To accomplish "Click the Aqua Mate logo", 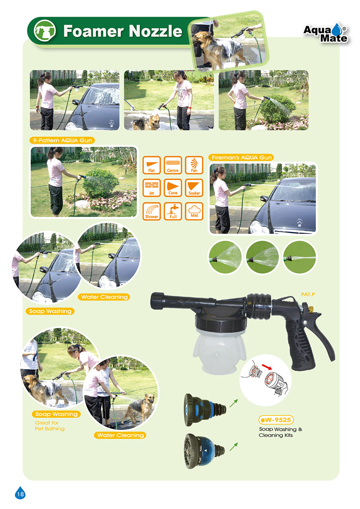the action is point(326,33).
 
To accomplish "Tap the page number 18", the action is point(20,494).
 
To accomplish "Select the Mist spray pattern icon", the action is point(194,212).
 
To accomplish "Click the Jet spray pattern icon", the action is point(152,188).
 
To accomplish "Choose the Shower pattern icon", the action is point(152,212).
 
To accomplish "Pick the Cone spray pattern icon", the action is point(173,188).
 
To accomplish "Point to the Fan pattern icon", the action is point(194,165).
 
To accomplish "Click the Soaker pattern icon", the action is point(194,188).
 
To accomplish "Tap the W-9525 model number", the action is point(276,420).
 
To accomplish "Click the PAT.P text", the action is point(308,294).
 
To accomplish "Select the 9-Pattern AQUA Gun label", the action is point(63,140).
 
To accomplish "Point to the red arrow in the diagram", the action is point(267,367).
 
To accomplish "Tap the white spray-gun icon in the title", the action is point(45,31).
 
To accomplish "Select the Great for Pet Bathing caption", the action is point(49,426).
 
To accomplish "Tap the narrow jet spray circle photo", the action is point(299,258).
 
